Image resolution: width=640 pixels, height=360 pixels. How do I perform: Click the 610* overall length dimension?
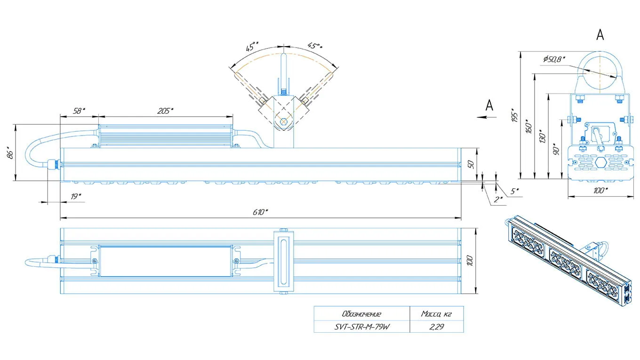click(x=260, y=212)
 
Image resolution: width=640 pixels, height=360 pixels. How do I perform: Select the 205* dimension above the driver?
click(x=166, y=111)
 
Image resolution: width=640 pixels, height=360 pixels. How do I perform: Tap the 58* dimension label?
click(x=79, y=111)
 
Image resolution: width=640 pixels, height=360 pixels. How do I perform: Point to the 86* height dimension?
click(x=10, y=153)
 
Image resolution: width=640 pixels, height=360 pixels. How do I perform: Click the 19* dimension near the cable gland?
click(x=76, y=196)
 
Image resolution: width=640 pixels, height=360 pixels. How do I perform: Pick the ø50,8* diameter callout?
click(x=554, y=59)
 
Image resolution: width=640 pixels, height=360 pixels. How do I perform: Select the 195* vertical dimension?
click(x=514, y=115)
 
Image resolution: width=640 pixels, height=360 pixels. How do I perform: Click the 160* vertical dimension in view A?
click(x=528, y=126)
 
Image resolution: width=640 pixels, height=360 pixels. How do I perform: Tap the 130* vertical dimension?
click(x=542, y=136)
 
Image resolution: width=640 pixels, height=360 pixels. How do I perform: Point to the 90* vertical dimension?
click(x=556, y=149)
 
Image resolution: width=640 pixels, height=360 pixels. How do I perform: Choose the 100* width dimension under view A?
click(x=600, y=190)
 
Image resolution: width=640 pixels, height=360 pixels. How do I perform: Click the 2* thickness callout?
click(x=498, y=199)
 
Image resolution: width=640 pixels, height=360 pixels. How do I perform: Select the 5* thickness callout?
click(x=514, y=191)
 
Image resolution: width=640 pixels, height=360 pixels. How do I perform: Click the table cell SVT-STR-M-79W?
click(x=362, y=327)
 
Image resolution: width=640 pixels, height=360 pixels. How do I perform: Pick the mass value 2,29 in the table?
click(x=437, y=327)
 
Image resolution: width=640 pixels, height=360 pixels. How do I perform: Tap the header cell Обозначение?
click(x=362, y=314)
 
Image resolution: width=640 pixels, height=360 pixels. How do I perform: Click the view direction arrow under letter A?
click(x=487, y=117)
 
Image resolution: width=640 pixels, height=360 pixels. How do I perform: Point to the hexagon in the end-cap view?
click(x=601, y=162)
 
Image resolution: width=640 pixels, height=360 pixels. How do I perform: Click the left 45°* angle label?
click(x=251, y=47)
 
